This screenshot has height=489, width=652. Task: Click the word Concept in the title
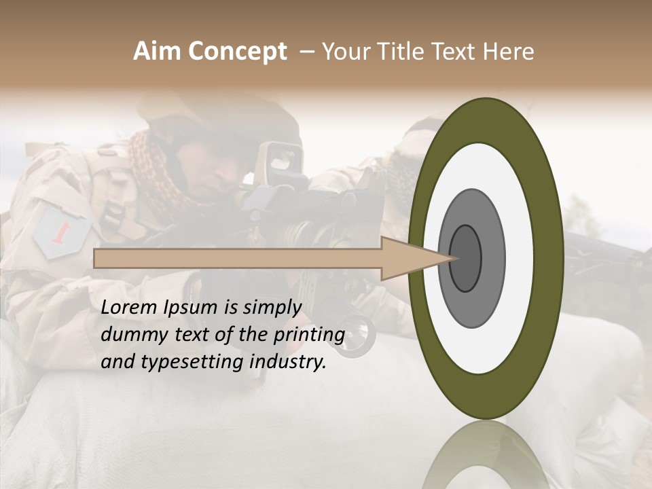coord(236,52)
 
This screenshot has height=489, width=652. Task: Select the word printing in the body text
coord(309,336)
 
